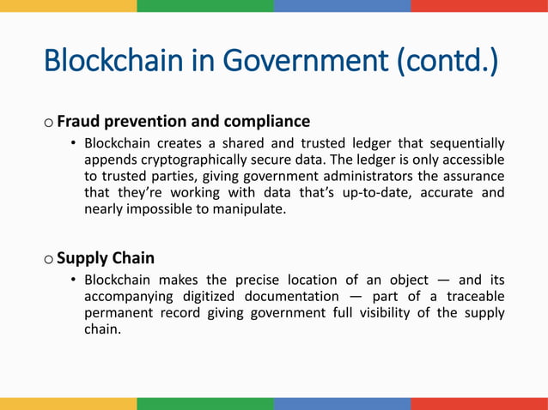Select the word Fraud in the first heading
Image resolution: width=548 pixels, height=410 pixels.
point(77,121)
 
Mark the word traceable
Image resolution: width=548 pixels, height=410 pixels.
point(471,297)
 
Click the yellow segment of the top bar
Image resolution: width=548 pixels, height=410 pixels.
point(69,5)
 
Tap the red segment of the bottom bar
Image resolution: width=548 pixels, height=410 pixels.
point(479,404)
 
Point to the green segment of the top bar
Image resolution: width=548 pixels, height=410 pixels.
point(205,5)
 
